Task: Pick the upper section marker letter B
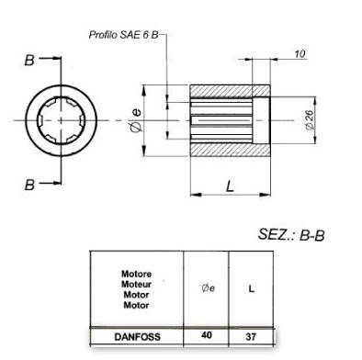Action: coord(30,60)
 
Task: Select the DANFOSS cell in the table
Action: coord(136,337)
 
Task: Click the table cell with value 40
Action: coord(207,337)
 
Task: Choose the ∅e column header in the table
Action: coord(207,288)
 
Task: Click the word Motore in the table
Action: coord(136,274)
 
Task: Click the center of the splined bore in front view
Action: coord(62,121)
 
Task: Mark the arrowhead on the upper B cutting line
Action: coord(60,60)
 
